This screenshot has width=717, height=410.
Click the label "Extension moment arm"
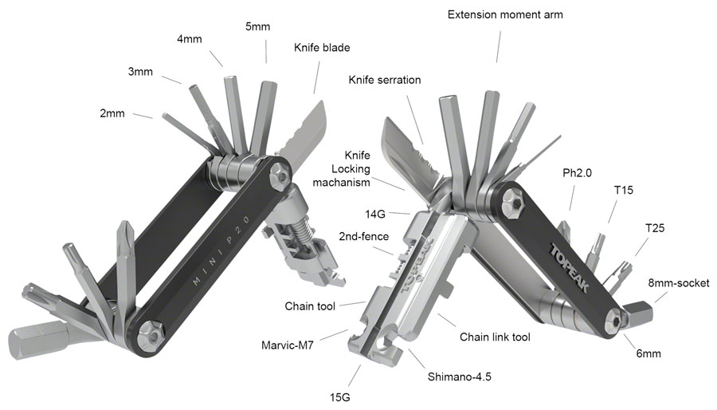click(x=499, y=15)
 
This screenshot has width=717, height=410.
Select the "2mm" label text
click(x=112, y=113)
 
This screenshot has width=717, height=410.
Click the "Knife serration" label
click(x=384, y=80)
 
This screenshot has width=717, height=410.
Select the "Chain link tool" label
click(x=495, y=337)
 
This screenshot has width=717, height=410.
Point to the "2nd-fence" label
click(x=358, y=237)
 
